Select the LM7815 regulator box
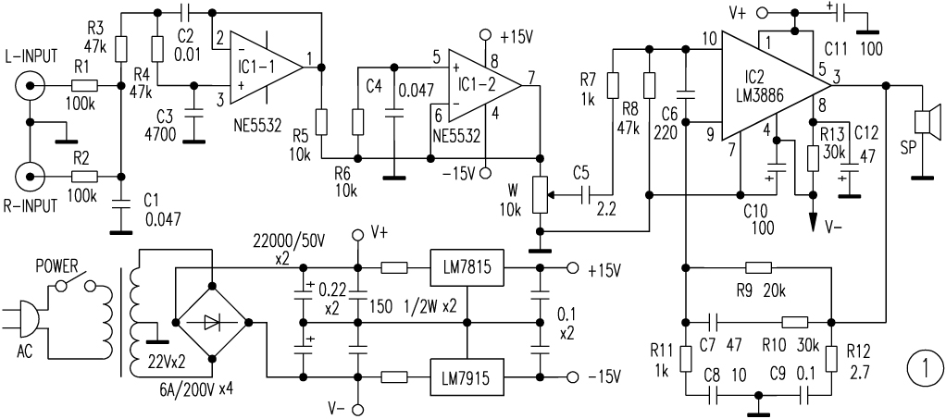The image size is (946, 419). click(x=466, y=268)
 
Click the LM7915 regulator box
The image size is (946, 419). click(x=466, y=376)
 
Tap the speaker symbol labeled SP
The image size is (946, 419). click(x=922, y=124)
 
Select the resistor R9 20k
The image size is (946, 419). click(x=758, y=268)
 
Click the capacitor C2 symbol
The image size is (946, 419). click(x=184, y=14)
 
